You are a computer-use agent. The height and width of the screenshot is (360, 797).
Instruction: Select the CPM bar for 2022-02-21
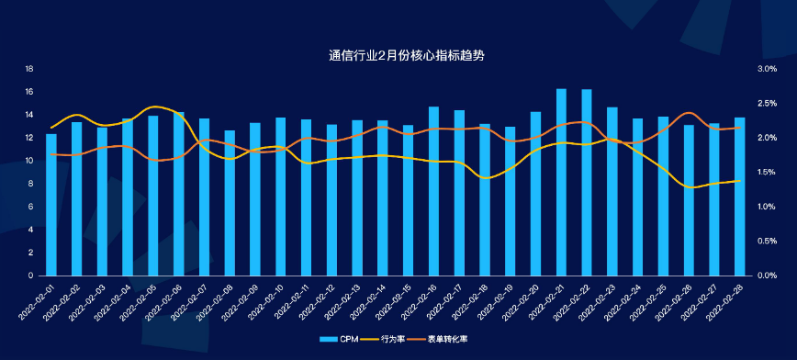click(x=561, y=184)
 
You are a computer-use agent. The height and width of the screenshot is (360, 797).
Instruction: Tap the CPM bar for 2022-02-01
click(x=51, y=206)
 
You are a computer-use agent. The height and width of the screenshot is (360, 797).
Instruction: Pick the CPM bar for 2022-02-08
click(x=230, y=204)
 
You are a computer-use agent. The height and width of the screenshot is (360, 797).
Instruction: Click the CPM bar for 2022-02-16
click(x=433, y=192)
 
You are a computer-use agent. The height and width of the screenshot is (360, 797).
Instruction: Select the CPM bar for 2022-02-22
click(x=587, y=184)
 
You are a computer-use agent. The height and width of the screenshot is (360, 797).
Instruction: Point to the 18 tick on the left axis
click(x=29, y=69)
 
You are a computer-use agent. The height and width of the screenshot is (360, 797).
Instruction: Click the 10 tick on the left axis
click(x=29, y=161)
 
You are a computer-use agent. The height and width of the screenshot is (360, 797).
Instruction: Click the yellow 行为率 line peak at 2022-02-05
click(x=153, y=107)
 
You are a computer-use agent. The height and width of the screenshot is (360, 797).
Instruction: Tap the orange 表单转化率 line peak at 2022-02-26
click(x=689, y=113)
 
